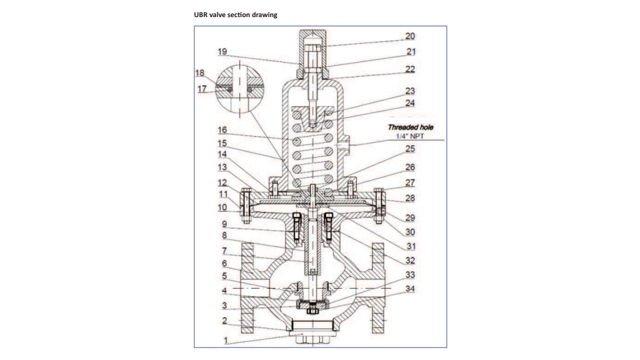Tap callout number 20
point(410,36)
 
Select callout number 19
point(222,52)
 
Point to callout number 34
point(410,289)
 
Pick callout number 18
point(199,73)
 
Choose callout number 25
point(410,149)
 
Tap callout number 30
point(410,232)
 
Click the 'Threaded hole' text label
point(410,127)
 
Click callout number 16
point(222,130)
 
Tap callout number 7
point(225,251)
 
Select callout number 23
point(410,91)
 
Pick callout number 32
point(410,260)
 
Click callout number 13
point(222,167)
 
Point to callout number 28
point(410,198)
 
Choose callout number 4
point(225,292)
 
